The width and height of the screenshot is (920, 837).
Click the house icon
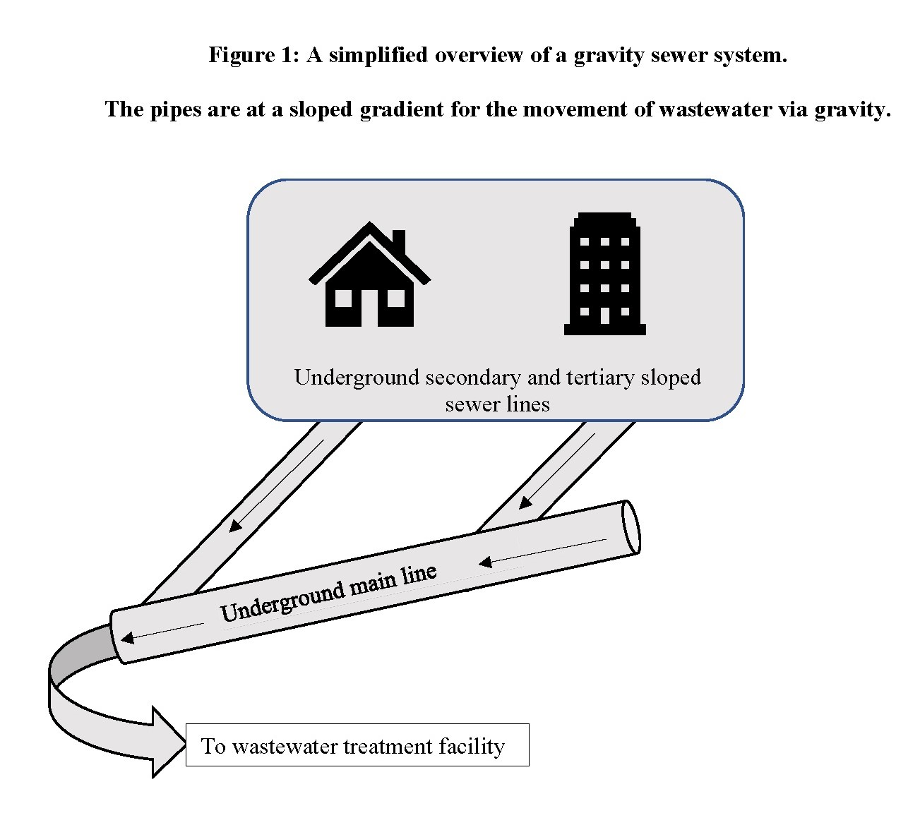[x=369, y=279]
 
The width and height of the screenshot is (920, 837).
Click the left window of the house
[x=343, y=299]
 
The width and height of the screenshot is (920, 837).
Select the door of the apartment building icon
[x=604, y=315]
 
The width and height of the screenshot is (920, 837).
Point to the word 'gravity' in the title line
[x=604, y=55]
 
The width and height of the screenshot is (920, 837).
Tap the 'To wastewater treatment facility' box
[x=357, y=745]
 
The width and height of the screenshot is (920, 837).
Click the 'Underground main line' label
[x=328, y=593]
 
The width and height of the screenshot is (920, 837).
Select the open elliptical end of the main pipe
[x=632, y=526]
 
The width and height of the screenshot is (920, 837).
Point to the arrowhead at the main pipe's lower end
[x=128, y=638]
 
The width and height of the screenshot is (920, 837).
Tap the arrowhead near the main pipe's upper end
[x=485, y=562]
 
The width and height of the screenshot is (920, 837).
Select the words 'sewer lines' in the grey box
[x=497, y=404]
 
